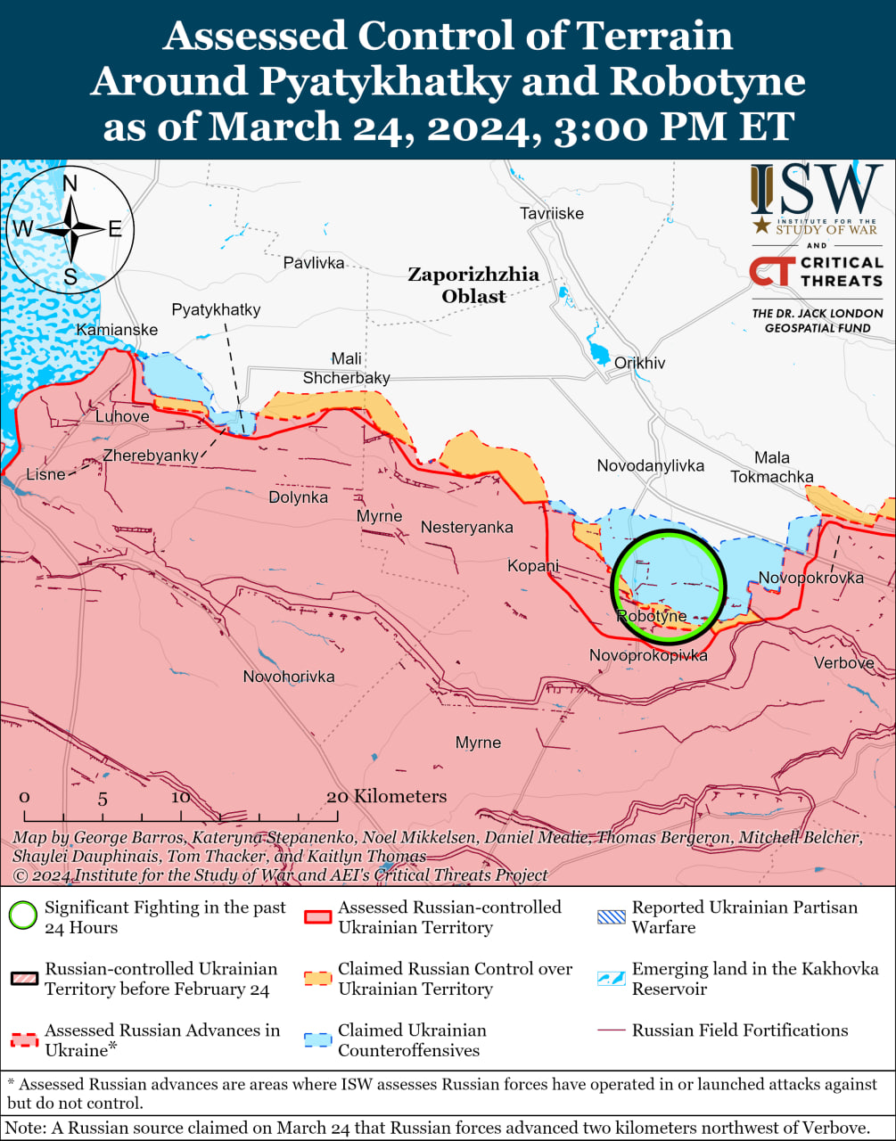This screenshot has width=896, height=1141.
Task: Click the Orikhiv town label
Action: (639, 363)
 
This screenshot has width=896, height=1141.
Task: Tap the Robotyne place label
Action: (652, 616)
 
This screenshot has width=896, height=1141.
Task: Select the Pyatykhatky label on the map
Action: (216, 309)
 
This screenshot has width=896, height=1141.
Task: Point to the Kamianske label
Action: (117, 330)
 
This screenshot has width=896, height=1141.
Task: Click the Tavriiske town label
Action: (552, 213)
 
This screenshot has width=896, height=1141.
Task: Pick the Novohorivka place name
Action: (289, 677)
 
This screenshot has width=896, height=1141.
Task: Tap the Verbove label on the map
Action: (843, 662)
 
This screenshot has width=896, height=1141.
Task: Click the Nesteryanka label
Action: (467, 527)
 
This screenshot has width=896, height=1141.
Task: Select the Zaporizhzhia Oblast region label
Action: (473, 285)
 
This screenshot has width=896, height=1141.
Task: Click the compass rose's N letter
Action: (70, 184)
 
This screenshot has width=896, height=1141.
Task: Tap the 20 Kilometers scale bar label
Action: (386, 796)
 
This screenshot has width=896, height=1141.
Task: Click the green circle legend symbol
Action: (23, 916)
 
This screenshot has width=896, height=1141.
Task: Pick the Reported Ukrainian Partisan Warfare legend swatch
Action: (611, 916)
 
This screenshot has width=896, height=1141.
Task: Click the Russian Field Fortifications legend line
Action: (611, 1030)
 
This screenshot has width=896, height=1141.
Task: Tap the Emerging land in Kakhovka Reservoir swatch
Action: (611, 978)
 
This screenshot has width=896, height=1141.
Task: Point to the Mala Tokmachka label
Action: (772, 467)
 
